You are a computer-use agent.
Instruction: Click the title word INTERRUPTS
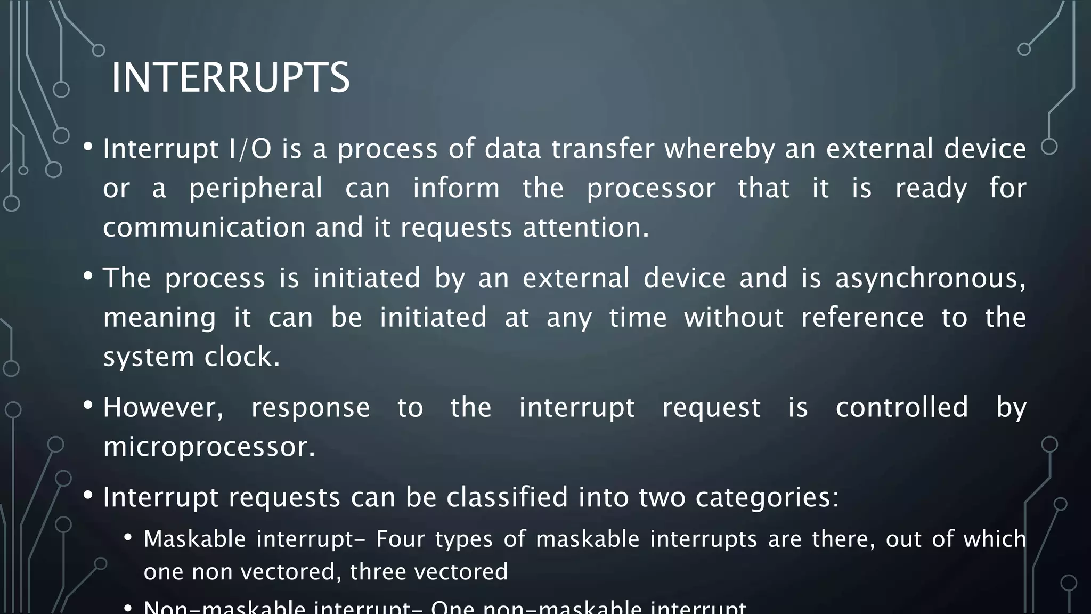pos(230,78)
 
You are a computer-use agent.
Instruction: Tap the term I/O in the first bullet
pos(250,149)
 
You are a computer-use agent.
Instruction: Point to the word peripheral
pos(256,188)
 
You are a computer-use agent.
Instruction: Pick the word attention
pos(585,228)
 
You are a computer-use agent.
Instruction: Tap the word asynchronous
pos(930,278)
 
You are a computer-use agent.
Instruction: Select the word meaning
pos(159,318)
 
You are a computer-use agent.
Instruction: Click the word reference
pos(862,318)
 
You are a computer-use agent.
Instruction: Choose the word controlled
pos(901,408)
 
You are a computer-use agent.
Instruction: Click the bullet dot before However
pos(88,406)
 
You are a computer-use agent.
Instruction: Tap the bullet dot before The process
pos(88,276)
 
